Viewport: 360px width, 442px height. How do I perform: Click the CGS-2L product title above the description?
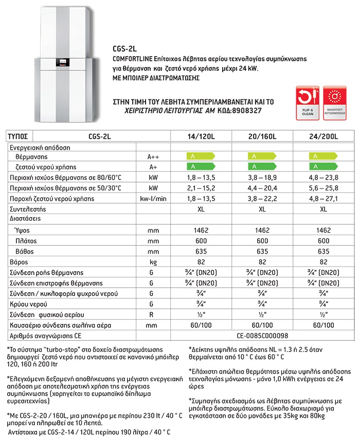[122, 50]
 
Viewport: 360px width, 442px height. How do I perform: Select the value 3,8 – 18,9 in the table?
[262, 177]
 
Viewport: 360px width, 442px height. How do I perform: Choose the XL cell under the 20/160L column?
[262, 209]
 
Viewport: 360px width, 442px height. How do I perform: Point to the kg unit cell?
[153, 261]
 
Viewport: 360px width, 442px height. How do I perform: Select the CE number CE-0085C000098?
[262, 336]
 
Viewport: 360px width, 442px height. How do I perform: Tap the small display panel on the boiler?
[62, 65]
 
